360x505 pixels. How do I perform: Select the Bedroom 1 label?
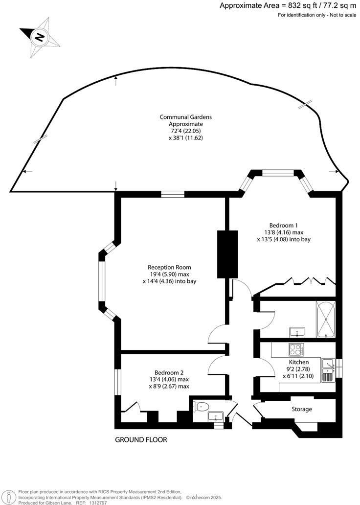tap(279, 220)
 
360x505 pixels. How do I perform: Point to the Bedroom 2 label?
tap(169, 372)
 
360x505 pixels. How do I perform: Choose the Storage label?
tap(302, 409)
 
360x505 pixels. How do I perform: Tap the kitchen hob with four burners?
tap(296, 349)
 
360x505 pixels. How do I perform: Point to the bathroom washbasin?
tap(296, 332)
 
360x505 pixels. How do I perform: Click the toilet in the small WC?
tap(202, 406)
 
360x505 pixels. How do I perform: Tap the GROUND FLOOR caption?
tap(141, 440)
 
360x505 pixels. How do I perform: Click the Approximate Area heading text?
tap(288, 6)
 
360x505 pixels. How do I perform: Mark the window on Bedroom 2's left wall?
tap(117, 382)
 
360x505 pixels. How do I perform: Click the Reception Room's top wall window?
tap(173, 194)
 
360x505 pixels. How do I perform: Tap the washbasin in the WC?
tap(216, 417)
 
